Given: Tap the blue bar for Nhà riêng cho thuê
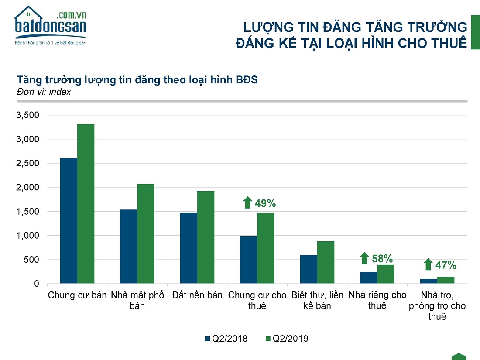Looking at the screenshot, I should pos(369,278).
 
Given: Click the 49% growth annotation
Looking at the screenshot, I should pos(266,203).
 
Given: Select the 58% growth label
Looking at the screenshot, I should pos(382,258).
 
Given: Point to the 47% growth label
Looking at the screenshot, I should pos(446,265).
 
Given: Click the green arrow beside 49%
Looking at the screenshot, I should pos(248,202).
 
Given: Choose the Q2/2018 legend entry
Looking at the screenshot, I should pos(226,339).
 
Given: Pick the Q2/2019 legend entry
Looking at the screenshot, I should pos(286,339).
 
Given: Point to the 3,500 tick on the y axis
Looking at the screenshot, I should pos(27,115).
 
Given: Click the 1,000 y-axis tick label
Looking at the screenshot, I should pos(27,236).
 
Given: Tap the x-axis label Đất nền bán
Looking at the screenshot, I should pos(197,295).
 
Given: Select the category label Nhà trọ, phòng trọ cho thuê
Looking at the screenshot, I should pos(437,305).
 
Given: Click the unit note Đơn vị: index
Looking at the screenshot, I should pos(44,92).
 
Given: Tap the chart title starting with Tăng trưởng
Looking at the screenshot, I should pos(137,80).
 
